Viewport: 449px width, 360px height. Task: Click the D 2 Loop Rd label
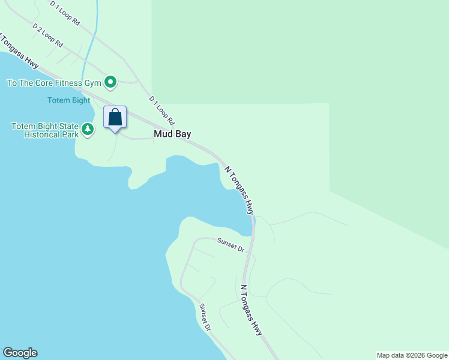pyautogui.click(x=48, y=36)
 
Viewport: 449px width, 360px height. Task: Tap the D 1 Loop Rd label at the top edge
pyautogui.click(x=65, y=13)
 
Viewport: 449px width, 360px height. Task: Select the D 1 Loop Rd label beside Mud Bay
pyautogui.click(x=161, y=110)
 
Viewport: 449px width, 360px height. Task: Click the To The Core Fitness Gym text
pyautogui.click(x=53, y=82)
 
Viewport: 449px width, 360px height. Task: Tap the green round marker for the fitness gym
pyautogui.click(x=110, y=82)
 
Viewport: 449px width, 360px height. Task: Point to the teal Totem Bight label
pyautogui.click(x=69, y=100)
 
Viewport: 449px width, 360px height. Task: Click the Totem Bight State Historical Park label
pyautogui.click(x=44, y=130)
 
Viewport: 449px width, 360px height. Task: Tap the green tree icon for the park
pyautogui.click(x=88, y=129)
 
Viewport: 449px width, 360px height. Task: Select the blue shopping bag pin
pyautogui.click(x=115, y=117)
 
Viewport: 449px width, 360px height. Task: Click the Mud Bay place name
pyautogui.click(x=172, y=134)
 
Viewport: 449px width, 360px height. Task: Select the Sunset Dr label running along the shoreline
pyautogui.click(x=205, y=317)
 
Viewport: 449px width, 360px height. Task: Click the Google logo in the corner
pyautogui.click(x=20, y=353)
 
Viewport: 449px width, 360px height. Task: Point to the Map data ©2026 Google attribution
pyautogui.click(x=412, y=355)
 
